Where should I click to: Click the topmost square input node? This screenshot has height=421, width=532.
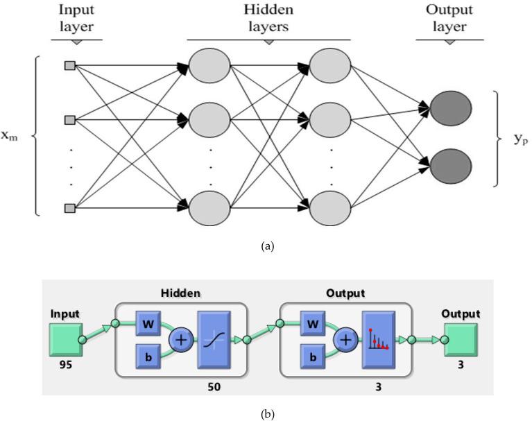click(x=69, y=66)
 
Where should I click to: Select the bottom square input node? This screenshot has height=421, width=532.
click(x=69, y=207)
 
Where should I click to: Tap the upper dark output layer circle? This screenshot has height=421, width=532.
click(x=450, y=108)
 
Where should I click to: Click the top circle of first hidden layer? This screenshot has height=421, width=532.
click(x=209, y=67)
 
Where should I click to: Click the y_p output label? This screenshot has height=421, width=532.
click(x=521, y=137)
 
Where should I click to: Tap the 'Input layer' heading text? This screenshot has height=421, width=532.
click(x=76, y=19)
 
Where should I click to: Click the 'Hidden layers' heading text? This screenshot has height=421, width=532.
click(x=268, y=19)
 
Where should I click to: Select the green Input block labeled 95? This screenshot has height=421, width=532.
click(x=66, y=339)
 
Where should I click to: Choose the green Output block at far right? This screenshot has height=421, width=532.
click(x=460, y=339)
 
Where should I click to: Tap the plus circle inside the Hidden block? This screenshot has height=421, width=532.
click(x=180, y=341)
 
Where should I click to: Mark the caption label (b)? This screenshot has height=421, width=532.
click(x=267, y=414)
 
